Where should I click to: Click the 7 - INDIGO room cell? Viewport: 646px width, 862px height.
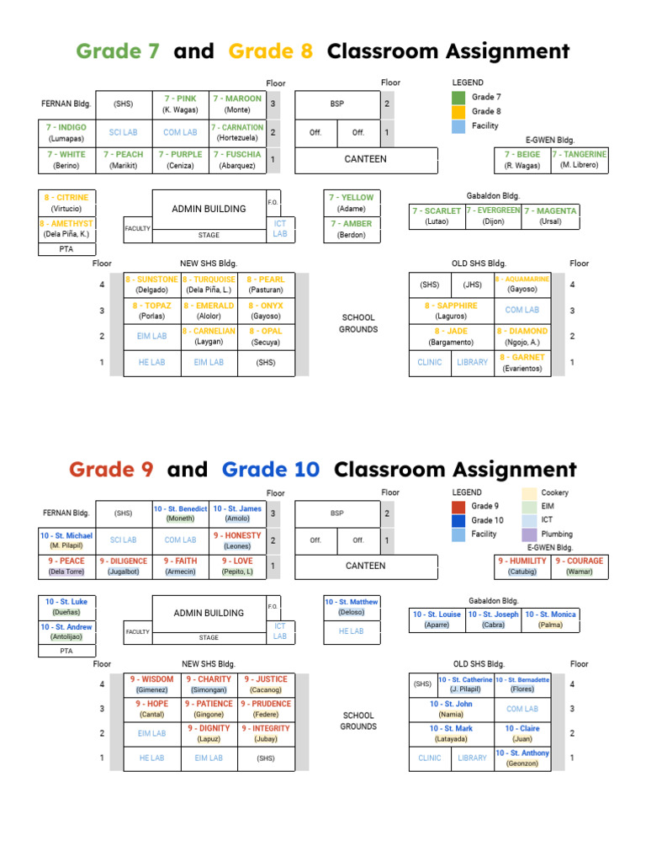tap(66, 133)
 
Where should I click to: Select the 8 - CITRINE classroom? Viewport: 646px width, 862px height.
tap(66, 202)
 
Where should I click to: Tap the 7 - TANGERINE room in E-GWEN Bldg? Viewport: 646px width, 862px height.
tap(579, 160)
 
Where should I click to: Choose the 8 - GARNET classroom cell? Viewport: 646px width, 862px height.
tap(523, 363)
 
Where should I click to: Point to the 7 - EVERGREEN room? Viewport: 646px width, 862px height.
tap(493, 216)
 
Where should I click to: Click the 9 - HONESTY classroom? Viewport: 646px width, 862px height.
tap(237, 540)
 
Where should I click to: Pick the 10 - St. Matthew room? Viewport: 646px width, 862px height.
tap(352, 607)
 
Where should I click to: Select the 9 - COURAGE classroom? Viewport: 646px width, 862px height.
tap(579, 566)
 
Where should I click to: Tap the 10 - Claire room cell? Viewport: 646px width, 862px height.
tap(522, 733)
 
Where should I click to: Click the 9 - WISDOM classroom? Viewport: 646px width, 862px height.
tap(151, 684)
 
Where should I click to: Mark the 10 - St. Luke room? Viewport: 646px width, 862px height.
tap(66, 607)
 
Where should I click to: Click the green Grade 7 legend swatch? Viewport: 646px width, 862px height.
tap(458, 98)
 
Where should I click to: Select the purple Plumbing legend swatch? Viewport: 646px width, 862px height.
tap(529, 535)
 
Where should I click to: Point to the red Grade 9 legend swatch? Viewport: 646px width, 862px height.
tap(458, 507)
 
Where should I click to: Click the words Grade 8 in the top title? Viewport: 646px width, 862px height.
tap(271, 51)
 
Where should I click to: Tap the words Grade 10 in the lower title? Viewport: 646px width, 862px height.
tap(271, 470)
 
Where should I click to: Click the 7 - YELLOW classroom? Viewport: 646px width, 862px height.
tap(352, 203)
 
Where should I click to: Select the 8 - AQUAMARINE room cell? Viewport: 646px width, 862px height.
tap(522, 284)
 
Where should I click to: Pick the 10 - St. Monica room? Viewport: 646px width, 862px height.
tap(551, 620)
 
